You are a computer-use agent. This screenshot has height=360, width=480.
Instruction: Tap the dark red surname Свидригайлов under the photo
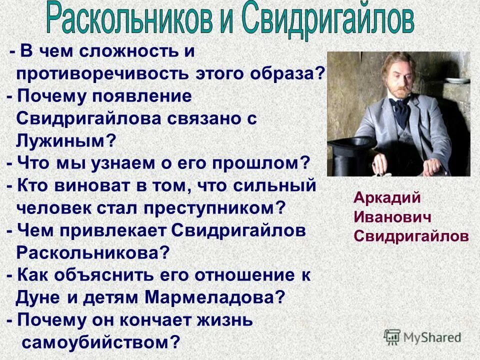pos(411,236)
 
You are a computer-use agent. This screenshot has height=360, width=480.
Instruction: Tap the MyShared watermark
pos(422,336)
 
